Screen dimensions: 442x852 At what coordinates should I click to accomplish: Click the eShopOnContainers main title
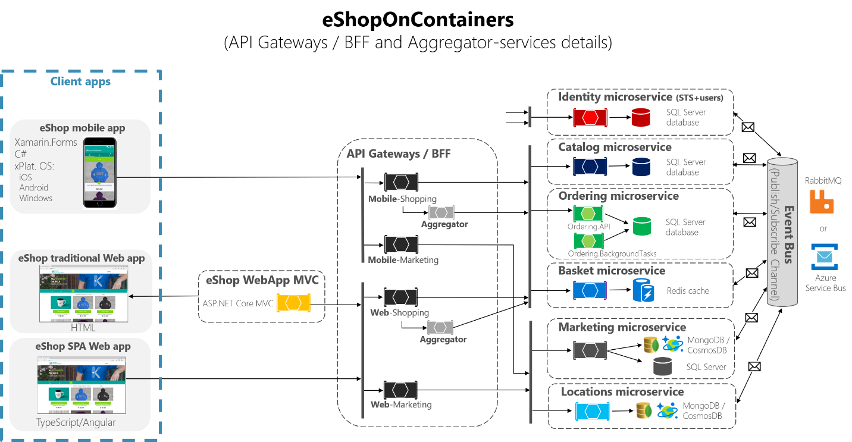click(x=418, y=20)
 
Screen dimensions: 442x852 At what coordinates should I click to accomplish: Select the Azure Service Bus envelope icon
click(x=824, y=256)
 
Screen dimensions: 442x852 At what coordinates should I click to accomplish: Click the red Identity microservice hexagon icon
click(x=590, y=117)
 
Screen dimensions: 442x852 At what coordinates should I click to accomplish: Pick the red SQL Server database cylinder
click(x=640, y=117)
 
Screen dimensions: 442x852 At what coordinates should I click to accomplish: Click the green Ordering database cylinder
click(x=641, y=225)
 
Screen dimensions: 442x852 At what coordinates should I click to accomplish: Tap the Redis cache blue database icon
click(x=643, y=291)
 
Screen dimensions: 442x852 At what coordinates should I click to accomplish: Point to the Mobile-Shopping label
click(x=402, y=199)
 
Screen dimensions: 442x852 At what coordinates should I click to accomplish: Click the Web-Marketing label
click(x=401, y=405)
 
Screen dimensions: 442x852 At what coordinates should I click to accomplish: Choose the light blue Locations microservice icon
click(x=593, y=411)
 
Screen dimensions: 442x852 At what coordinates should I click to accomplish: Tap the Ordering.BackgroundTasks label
click(x=612, y=253)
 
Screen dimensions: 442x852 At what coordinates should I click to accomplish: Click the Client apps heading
click(x=80, y=81)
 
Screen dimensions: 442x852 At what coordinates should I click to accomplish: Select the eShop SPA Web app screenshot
click(x=82, y=385)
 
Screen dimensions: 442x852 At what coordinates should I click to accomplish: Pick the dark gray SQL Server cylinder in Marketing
click(x=662, y=366)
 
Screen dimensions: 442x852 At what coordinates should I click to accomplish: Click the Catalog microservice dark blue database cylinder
click(x=641, y=167)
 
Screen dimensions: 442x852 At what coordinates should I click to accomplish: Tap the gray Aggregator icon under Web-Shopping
click(x=440, y=327)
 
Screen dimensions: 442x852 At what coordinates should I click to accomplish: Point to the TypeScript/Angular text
click(x=76, y=422)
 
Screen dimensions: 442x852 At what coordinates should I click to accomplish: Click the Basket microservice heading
click(x=612, y=271)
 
